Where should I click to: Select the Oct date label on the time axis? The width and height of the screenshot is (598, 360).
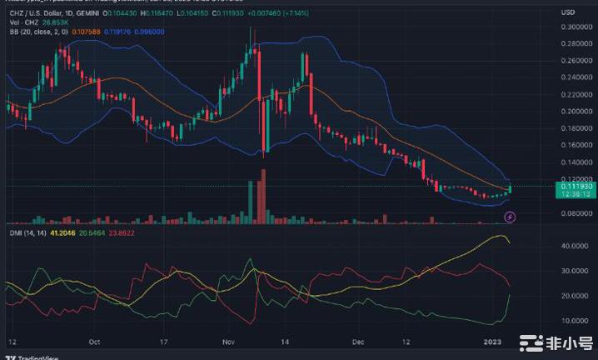click(94, 342)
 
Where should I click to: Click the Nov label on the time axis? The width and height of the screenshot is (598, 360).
click(231, 342)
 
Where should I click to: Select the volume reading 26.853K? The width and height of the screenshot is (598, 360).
click(56, 22)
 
